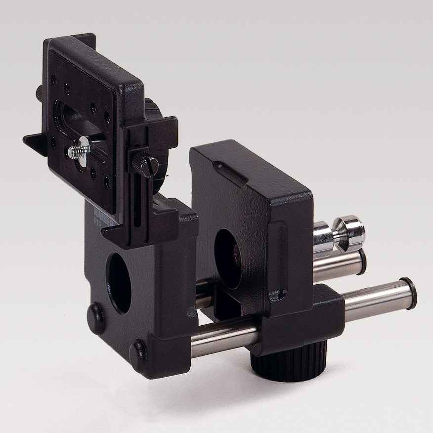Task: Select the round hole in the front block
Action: tap(120, 282)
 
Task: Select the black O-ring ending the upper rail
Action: tap(363, 261)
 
